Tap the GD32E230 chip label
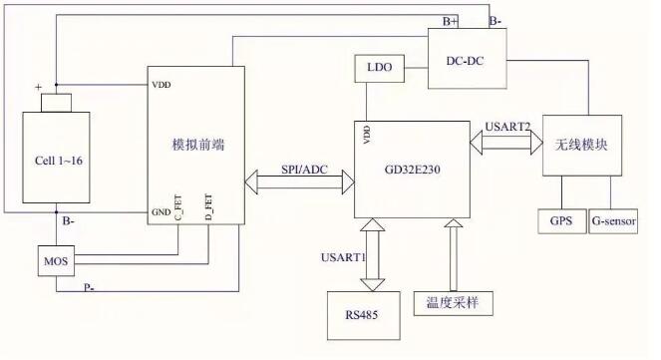pos(411,170)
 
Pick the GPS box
pos(560,220)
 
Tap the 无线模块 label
pos(581,145)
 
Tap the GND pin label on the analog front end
pos(161,212)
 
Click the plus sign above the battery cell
pos(40,88)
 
